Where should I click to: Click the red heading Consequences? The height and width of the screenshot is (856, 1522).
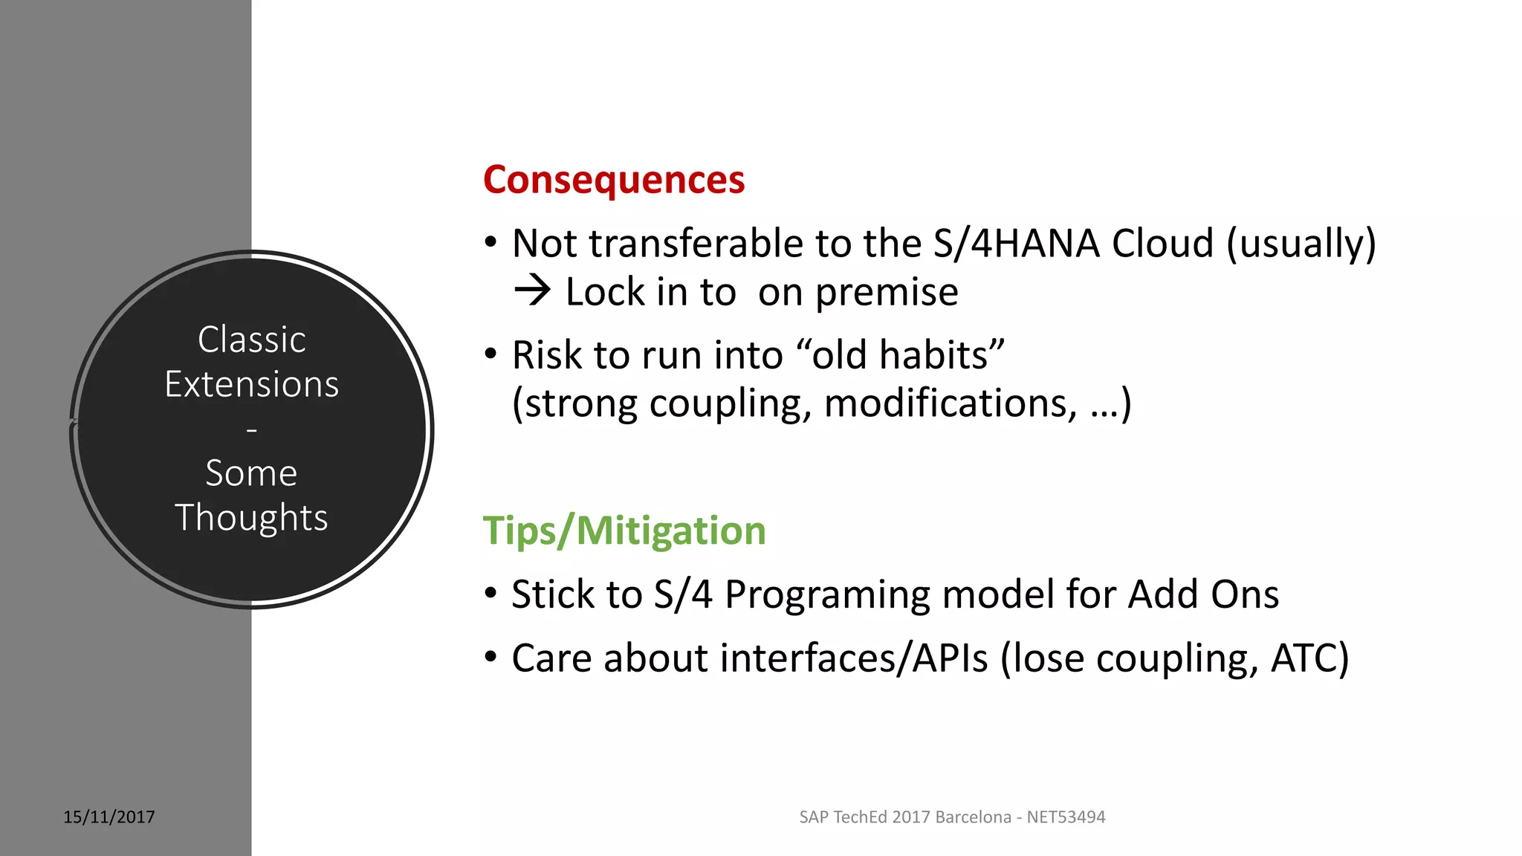tap(613, 180)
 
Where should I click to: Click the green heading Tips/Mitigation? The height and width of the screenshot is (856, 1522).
tap(624, 531)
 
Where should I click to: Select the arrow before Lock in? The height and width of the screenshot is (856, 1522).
tap(532, 291)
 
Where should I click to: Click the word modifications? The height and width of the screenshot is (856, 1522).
tap(951, 403)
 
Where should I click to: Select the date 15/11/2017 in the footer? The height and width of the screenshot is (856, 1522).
tap(109, 817)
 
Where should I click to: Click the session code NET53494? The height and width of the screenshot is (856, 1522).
tap(1066, 817)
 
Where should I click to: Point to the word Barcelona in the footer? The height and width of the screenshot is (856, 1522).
tap(973, 817)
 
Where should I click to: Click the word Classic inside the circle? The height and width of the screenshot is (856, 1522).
tap(252, 340)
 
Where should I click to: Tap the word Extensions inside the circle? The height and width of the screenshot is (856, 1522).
tap(252, 385)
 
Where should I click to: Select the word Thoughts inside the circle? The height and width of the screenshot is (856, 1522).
tap(252, 518)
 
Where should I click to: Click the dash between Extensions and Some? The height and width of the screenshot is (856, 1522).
tap(252, 429)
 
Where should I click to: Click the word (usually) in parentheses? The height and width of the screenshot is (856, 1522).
tap(1301, 244)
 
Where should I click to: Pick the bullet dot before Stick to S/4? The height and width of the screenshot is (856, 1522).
tap(490, 594)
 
